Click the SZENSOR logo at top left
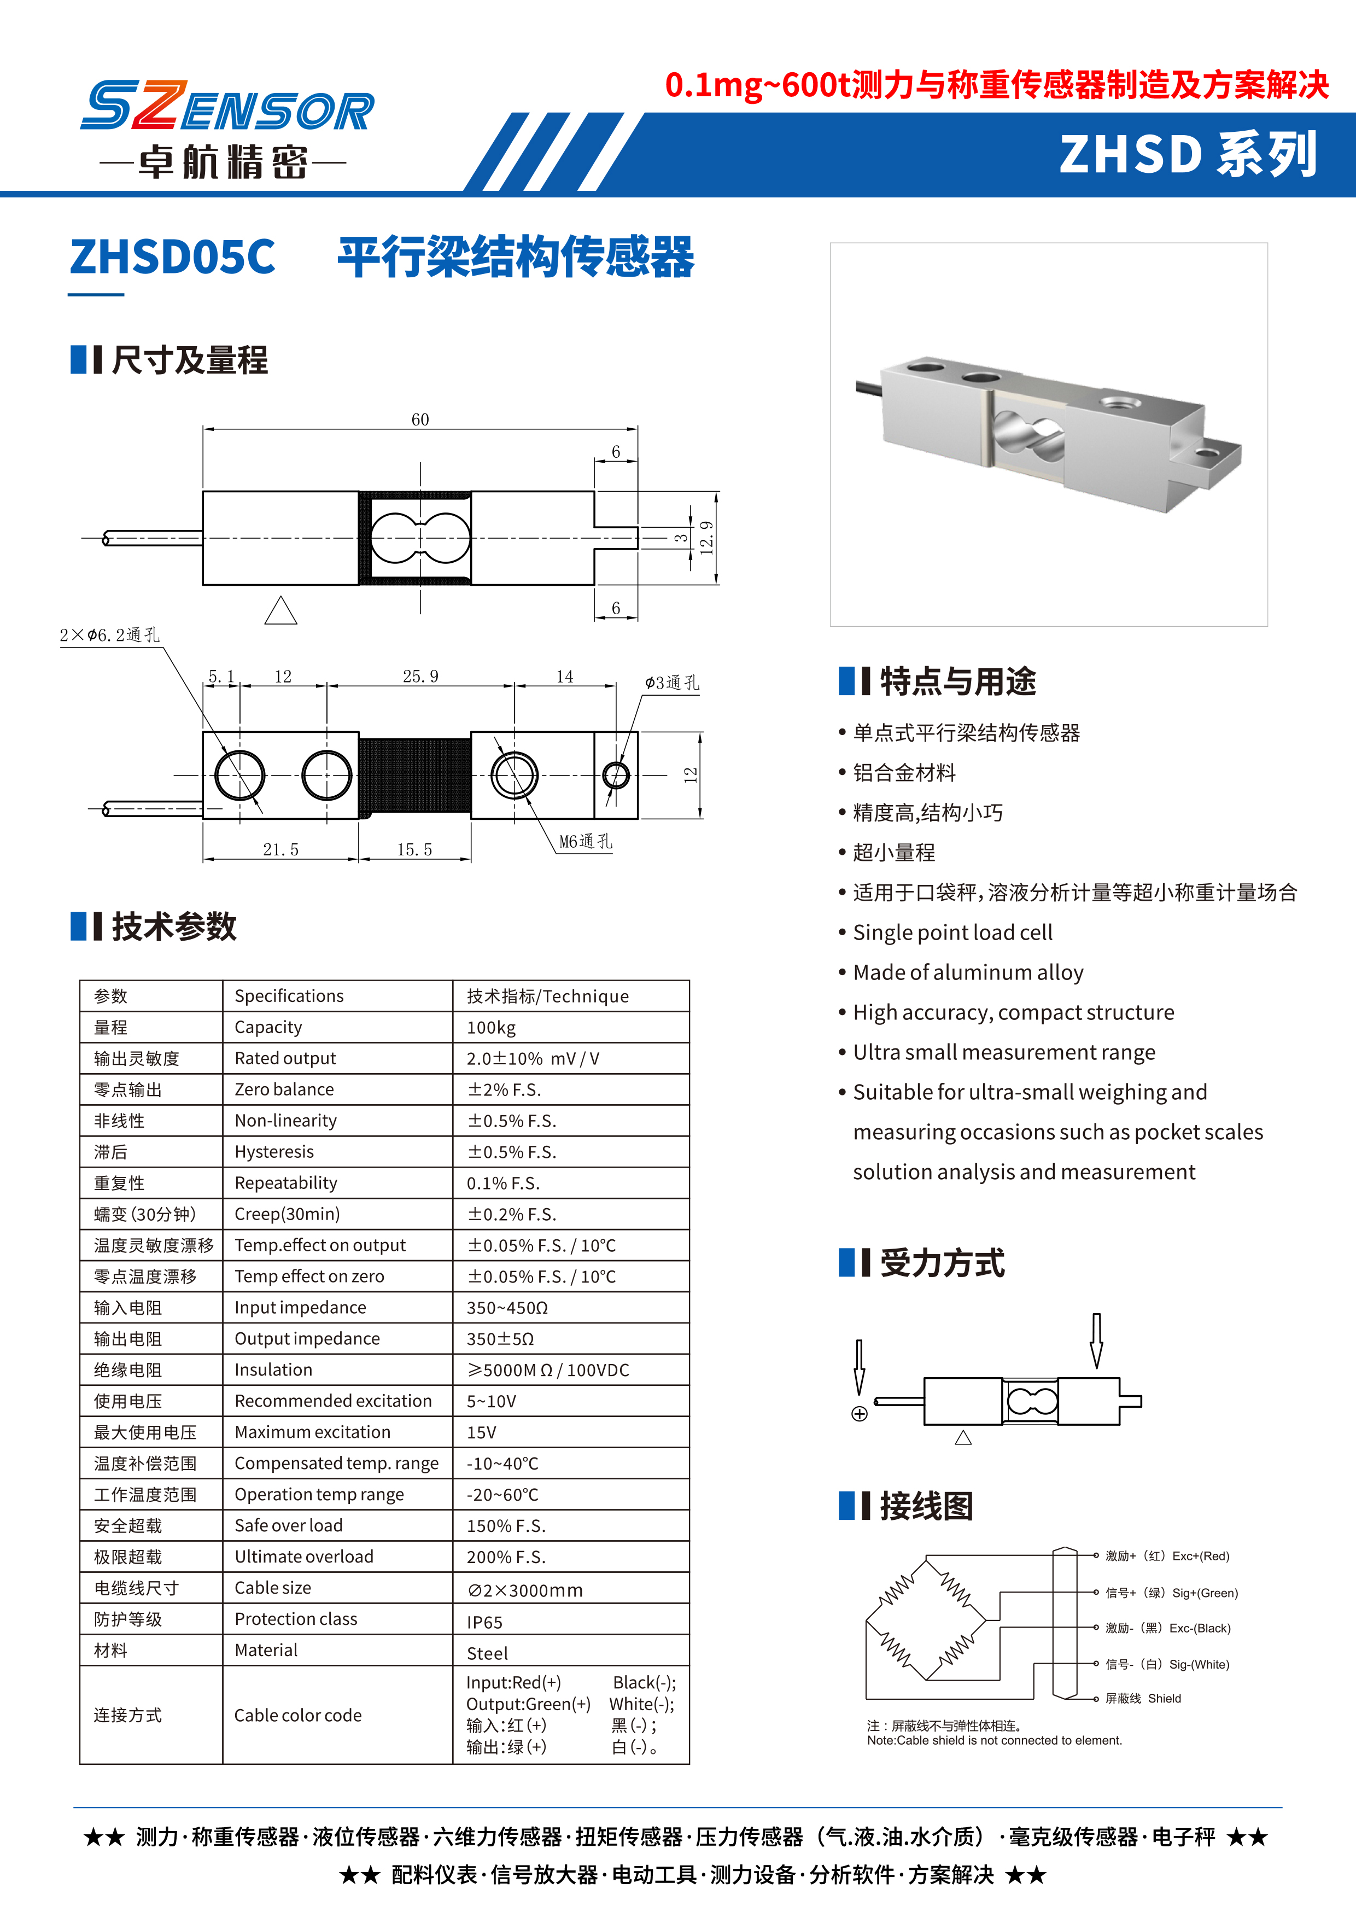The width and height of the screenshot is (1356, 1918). pyautogui.click(x=227, y=106)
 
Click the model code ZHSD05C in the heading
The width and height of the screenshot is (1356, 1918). pyautogui.click(x=172, y=256)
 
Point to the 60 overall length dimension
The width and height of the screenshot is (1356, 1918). pyautogui.click(x=420, y=419)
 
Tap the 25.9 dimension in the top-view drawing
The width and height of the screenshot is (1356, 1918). pyautogui.click(x=420, y=676)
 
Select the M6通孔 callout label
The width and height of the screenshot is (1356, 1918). pyautogui.click(x=585, y=841)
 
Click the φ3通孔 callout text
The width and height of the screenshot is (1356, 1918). pyautogui.click(x=671, y=683)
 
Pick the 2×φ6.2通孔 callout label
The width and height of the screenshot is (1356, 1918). pyautogui.click(x=109, y=635)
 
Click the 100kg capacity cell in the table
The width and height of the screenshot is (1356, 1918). pyautogui.click(x=491, y=1028)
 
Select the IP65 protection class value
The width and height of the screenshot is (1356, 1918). pyautogui.click(x=484, y=1622)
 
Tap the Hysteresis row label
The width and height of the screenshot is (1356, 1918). pyautogui.click(x=274, y=1152)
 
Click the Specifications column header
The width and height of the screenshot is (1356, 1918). pyautogui.click(x=289, y=996)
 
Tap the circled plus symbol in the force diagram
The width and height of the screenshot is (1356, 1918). pyautogui.click(x=859, y=1413)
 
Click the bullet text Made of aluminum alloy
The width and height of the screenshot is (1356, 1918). pyautogui.click(x=968, y=972)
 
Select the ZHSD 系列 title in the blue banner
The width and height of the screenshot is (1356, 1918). pyautogui.click(x=1188, y=155)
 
